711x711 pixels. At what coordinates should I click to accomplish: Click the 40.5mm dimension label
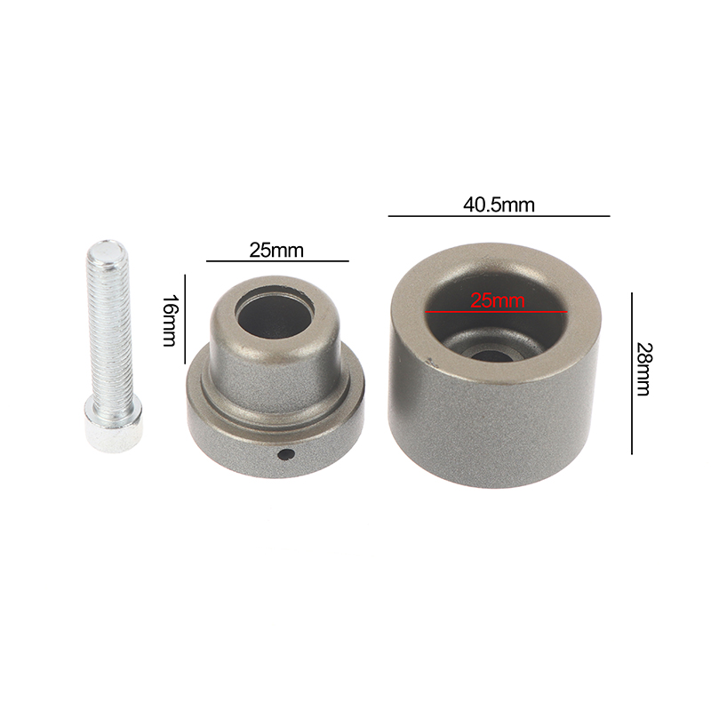click(x=499, y=205)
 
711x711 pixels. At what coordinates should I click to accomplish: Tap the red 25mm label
click(x=498, y=300)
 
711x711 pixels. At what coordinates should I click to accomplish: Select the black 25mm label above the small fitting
click(x=276, y=251)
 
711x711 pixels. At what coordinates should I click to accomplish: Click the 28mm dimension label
click(x=643, y=369)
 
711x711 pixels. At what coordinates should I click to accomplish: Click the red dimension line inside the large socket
click(x=496, y=312)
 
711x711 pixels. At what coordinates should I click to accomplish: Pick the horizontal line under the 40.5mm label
click(x=499, y=216)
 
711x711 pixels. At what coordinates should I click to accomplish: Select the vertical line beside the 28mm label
click(x=632, y=373)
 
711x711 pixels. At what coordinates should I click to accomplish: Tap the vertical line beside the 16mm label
click(x=185, y=319)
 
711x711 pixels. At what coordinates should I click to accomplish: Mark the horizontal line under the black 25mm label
click(x=277, y=260)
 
